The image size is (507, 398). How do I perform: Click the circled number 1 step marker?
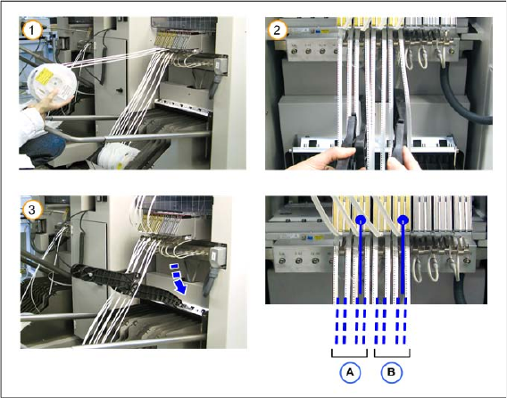(32, 30)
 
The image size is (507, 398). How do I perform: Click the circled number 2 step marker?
(277, 30)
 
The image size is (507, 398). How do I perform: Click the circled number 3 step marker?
(32, 210)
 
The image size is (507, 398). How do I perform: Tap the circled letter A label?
(350, 372)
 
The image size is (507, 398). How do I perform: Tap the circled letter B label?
(391, 372)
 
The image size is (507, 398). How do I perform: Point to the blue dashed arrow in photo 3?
(179, 278)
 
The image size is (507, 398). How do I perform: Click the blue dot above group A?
(361, 220)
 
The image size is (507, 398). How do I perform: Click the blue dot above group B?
(403, 220)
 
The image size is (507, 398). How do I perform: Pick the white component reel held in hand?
(52, 84)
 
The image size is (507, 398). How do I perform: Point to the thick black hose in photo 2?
(463, 97)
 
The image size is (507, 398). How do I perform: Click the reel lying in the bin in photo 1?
(116, 157)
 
